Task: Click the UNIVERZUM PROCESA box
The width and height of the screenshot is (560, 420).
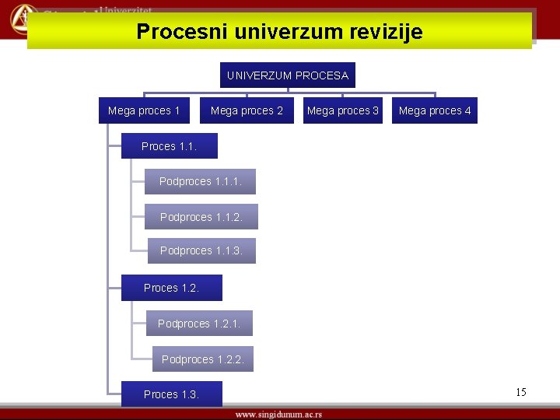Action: pyautogui.click(x=287, y=75)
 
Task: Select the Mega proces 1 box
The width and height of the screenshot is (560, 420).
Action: pyautogui.click(x=144, y=110)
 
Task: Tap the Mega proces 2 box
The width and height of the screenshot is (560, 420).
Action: pyautogui.click(x=247, y=110)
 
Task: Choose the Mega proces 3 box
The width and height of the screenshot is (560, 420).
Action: pyautogui.click(x=342, y=110)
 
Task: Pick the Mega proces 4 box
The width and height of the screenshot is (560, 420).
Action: pyautogui.click(x=435, y=110)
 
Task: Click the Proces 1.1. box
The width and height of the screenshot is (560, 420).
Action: pyautogui.click(x=169, y=146)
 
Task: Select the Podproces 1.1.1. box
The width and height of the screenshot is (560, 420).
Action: pyautogui.click(x=200, y=181)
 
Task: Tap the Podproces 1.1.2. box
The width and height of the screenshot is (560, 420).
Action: pyautogui.click(x=201, y=217)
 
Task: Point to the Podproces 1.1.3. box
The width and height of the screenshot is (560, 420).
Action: pyautogui.click(x=201, y=250)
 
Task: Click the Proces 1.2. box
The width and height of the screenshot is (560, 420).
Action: pyautogui.click(x=171, y=288)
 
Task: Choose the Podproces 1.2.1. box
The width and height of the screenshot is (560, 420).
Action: pyautogui.click(x=199, y=324)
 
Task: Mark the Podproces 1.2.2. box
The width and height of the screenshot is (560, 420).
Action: pyautogui.click(x=202, y=359)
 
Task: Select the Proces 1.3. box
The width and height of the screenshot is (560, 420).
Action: pyautogui.click(x=171, y=394)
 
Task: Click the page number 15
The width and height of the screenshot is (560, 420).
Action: pyautogui.click(x=520, y=392)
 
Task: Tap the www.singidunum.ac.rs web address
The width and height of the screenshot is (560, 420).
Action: pyautogui.click(x=278, y=414)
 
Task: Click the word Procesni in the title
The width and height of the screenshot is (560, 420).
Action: pyautogui.click(x=182, y=32)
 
